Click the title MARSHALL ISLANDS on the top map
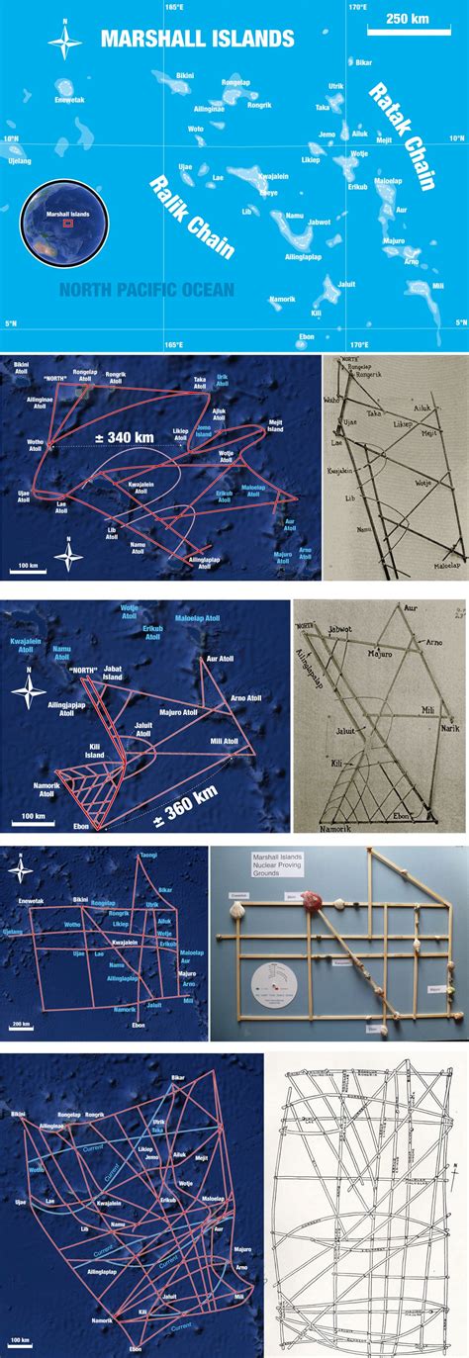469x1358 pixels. (x=198, y=39)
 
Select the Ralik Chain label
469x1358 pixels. (x=192, y=217)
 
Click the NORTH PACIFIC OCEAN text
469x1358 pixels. (x=145, y=290)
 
